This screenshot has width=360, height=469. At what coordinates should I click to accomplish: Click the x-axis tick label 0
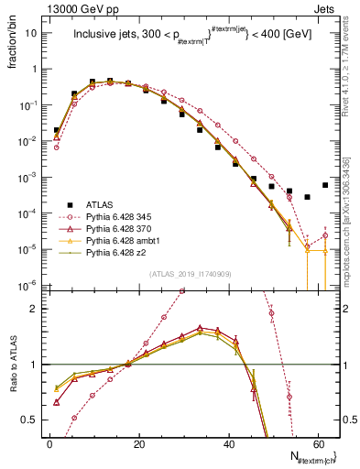tap(50, 442)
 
